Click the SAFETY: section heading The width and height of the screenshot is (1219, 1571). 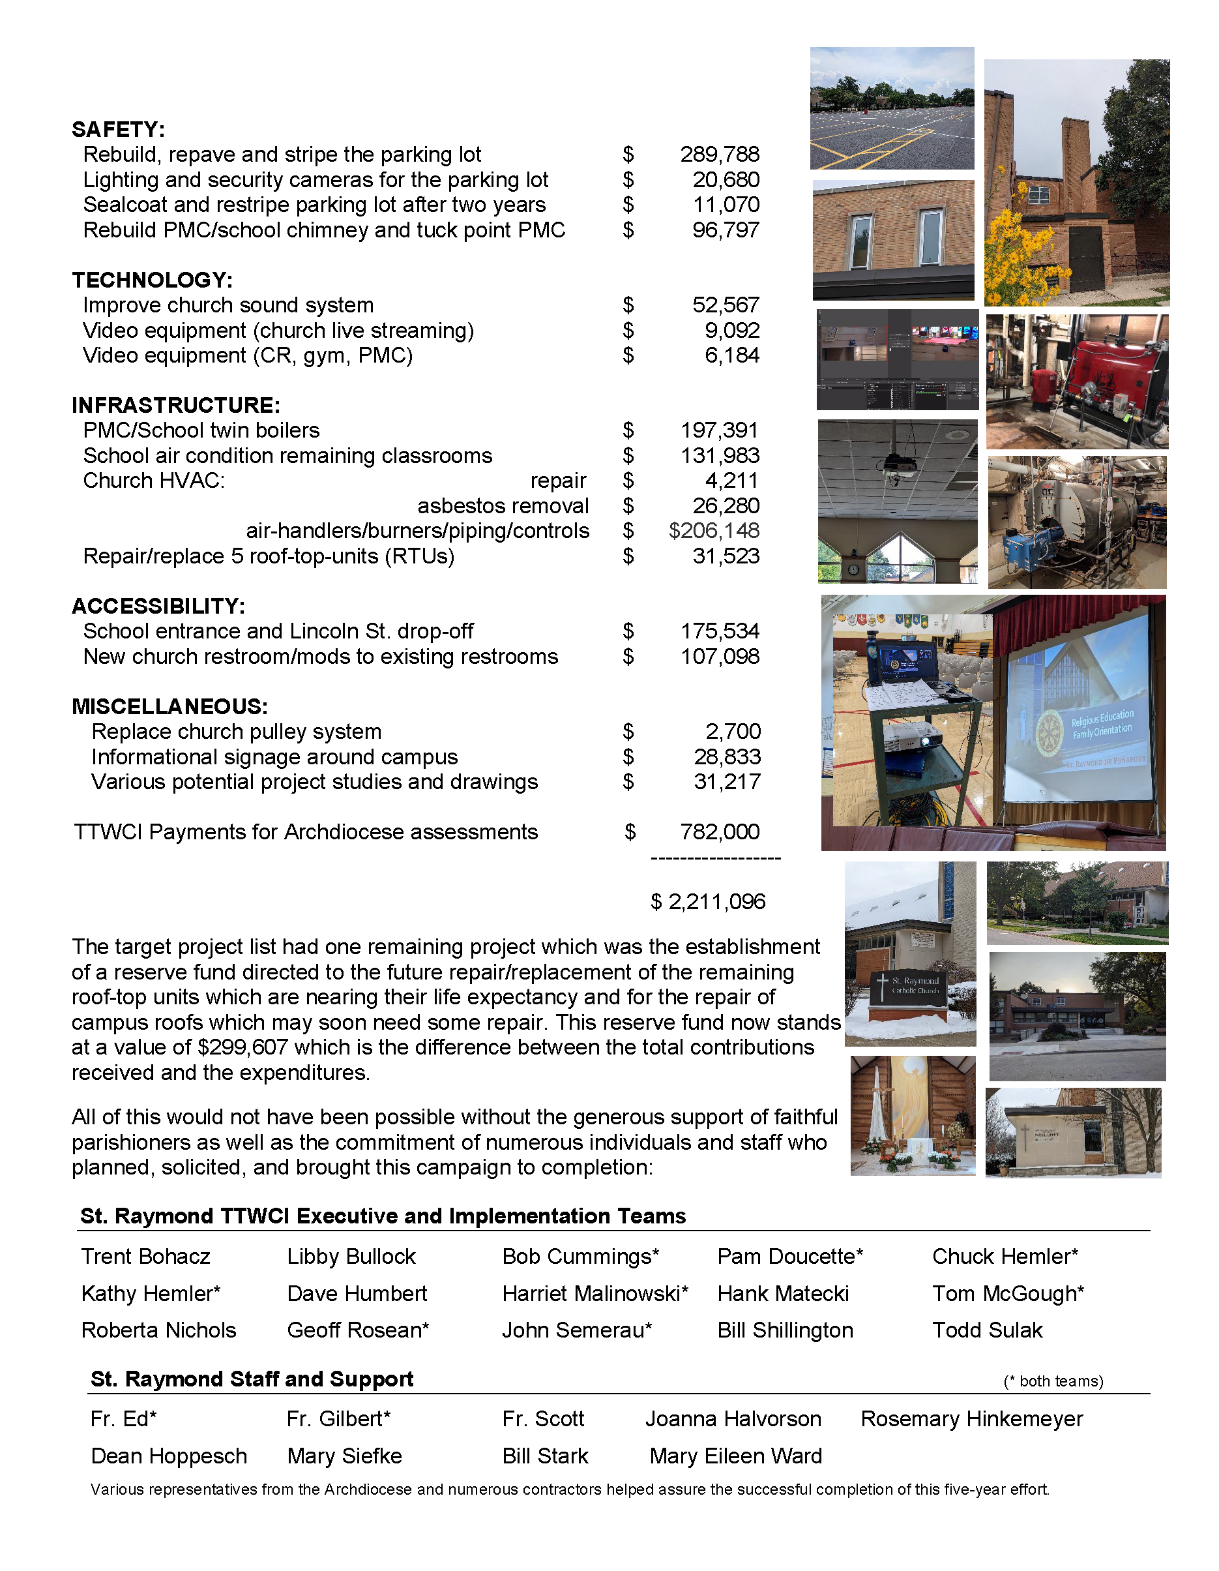[x=118, y=130]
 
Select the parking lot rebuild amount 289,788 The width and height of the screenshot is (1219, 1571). [x=719, y=155]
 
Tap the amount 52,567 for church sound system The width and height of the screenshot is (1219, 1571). [x=725, y=305]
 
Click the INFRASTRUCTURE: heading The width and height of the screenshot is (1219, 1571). [x=175, y=405]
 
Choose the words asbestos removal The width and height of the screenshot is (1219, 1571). [x=503, y=505]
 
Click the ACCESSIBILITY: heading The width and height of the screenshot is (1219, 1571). [x=158, y=606]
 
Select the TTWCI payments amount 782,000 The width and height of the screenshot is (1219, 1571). [x=719, y=831]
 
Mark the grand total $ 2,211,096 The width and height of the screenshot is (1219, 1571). [x=708, y=901]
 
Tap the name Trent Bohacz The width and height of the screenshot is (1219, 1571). [x=145, y=1256]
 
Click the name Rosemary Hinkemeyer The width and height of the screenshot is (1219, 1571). [x=971, y=1418]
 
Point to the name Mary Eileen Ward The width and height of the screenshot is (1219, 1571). [x=735, y=1456]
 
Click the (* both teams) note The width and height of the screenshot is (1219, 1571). [x=1053, y=1381]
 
